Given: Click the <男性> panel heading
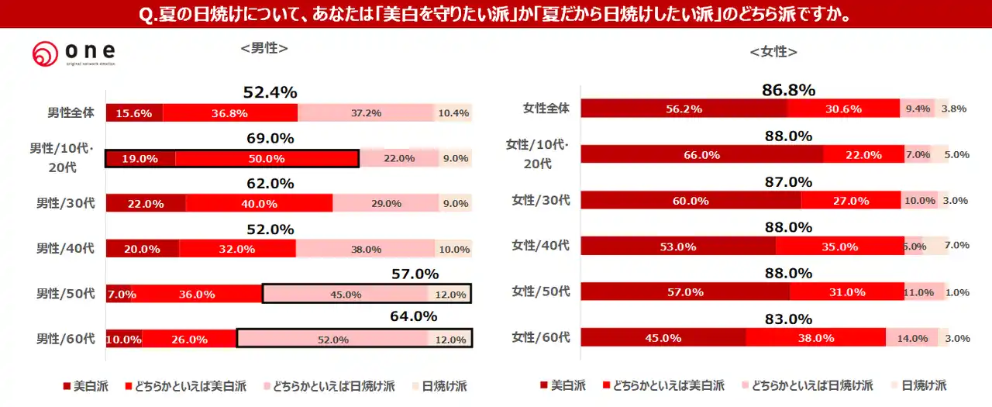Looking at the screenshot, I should (x=264, y=47).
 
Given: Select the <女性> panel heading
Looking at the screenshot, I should (x=773, y=51).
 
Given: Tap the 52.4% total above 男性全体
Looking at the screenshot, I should (x=270, y=92).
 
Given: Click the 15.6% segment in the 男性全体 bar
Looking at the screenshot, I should (x=133, y=113).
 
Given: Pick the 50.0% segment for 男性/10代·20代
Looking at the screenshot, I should (x=267, y=158).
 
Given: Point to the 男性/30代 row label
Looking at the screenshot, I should (x=65, y=203).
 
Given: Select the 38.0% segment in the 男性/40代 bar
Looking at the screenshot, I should (x=365, y=249).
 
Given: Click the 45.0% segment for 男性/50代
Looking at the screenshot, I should (x=345, y=294).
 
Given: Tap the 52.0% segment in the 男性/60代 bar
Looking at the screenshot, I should (x=332, y=339).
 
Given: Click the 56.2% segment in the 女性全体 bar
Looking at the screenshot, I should (x=684, y=109).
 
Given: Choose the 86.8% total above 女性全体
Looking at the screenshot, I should (x=788, y=90).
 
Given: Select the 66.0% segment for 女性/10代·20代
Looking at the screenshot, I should (x=701, y=154).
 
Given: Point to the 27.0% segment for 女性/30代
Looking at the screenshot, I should (x=850, y=200).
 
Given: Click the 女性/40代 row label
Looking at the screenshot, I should (x=540, y=246).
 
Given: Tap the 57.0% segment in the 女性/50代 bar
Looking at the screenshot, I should (x=684, y=291).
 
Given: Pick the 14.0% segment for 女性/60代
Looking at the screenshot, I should (x=911, y=337).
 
